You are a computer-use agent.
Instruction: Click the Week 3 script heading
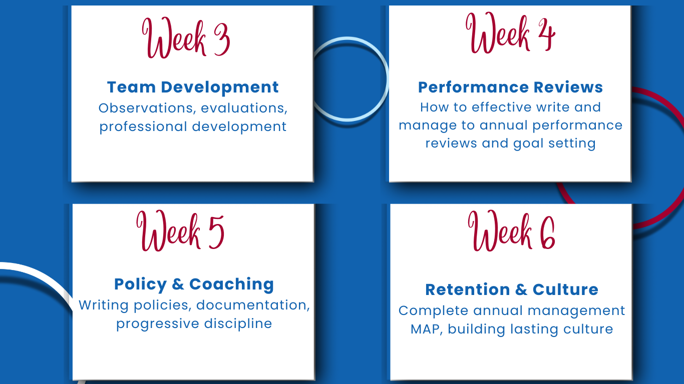186,38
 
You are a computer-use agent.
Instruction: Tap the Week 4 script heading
510,33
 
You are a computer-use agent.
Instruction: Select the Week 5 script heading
180,230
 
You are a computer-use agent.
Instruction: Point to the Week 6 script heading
511,230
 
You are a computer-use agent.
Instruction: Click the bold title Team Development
193,87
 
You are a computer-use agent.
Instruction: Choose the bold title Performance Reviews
510,87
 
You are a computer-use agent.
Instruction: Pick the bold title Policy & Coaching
194,284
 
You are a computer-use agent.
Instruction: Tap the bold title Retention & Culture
512,289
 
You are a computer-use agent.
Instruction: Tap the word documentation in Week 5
253,305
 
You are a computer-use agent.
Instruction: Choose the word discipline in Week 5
238,323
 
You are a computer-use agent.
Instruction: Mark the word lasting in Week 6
534,329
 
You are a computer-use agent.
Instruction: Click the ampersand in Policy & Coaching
178,284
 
